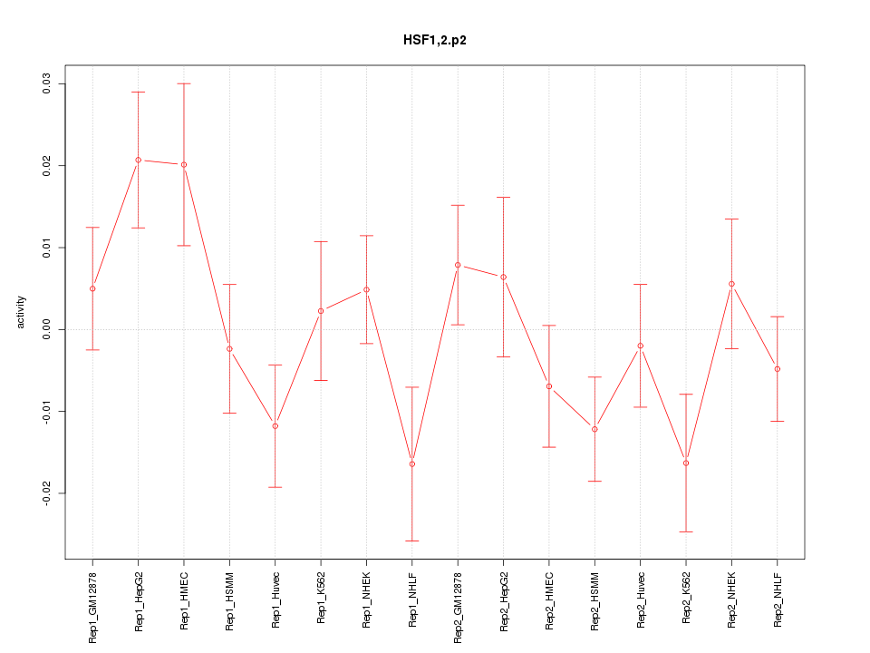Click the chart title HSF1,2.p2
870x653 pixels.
(x=435, y=40)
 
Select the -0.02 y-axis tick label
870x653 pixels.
(x=47, y=492)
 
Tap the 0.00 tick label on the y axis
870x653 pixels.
(x=47, y=329)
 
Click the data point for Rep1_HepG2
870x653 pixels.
(x=138, y=160)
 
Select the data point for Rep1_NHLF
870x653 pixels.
(x=411, y=463)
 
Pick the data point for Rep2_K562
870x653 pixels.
(x=686, y=463)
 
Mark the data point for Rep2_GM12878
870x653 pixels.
(x=458, y=265)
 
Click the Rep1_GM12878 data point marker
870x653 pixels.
(x=92, y=288)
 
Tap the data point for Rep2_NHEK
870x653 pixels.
(x=731, y=284)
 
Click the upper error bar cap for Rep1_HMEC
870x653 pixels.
(x=184, y=83)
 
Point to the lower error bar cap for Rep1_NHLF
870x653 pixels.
(x=411, y=541)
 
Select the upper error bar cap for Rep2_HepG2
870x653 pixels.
(x=503, y=197)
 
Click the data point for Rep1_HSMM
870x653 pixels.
(x=229, y=348)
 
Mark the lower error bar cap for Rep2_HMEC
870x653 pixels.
(x=549, y=447)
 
